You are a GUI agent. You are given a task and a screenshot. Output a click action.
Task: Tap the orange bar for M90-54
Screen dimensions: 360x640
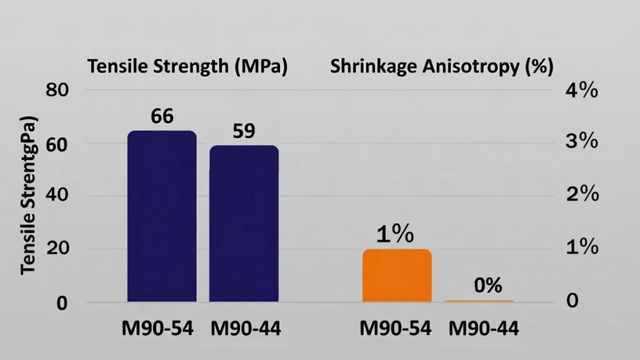(x=397, y=276)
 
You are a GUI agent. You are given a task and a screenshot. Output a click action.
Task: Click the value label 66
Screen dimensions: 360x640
(x=162, y=116)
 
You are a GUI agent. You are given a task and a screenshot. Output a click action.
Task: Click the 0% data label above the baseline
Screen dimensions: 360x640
(x=488, y=286)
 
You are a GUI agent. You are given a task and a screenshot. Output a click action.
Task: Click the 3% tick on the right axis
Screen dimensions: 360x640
(x=581, y=142)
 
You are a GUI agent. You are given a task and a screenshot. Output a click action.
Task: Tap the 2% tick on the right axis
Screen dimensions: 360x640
(x=581, y=194)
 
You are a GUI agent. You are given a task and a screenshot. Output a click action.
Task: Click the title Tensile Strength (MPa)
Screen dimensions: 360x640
(x=187, y=67)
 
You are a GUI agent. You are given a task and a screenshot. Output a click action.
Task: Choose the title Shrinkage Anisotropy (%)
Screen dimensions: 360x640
(x=441, y=67)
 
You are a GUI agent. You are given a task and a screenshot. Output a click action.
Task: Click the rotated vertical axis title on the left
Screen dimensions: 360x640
(x=29, y=195)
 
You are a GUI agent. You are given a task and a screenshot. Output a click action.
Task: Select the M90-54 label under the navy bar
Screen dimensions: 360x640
(x=162, y=328)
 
